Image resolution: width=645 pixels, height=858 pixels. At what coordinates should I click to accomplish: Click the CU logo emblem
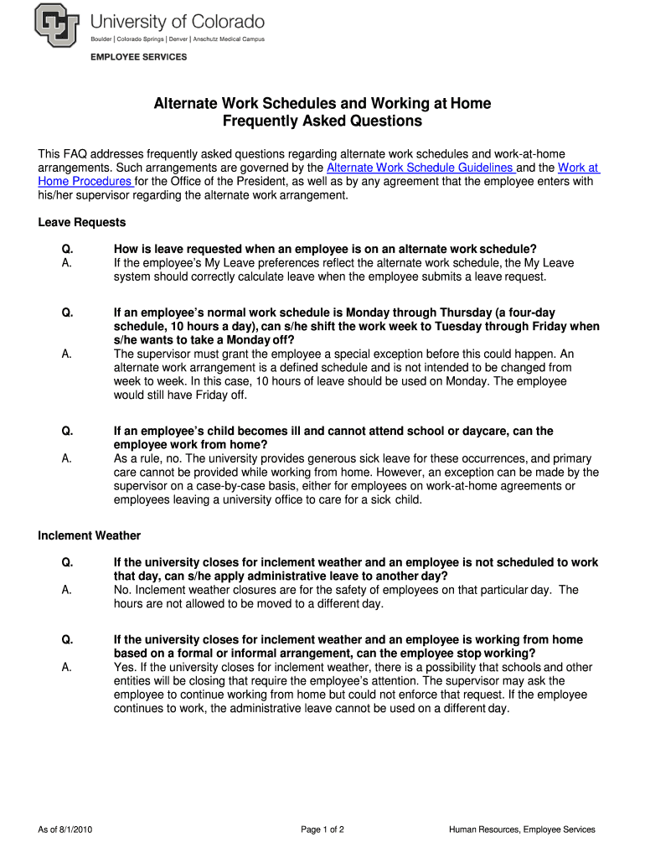click(58, 26)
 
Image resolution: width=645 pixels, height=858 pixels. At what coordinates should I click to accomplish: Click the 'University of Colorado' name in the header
click(177, 21)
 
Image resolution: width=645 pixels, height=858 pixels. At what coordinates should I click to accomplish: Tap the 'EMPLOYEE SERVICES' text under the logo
click(139, 57)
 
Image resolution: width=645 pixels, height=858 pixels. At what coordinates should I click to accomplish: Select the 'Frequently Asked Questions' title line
click(322, 121)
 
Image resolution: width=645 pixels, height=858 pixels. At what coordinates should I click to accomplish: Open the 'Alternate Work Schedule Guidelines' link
click(421, 168)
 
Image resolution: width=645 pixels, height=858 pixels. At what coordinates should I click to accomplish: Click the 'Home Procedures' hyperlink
click(85, 181)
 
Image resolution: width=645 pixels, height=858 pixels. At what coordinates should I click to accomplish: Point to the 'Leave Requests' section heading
click(82, 222)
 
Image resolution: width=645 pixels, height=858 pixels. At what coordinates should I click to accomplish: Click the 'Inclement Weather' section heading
click(90, 535)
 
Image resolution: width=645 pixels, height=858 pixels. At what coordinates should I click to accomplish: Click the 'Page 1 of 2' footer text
click(322, 830)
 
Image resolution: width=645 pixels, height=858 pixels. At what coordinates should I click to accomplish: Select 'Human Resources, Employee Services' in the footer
click(522, 830)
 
